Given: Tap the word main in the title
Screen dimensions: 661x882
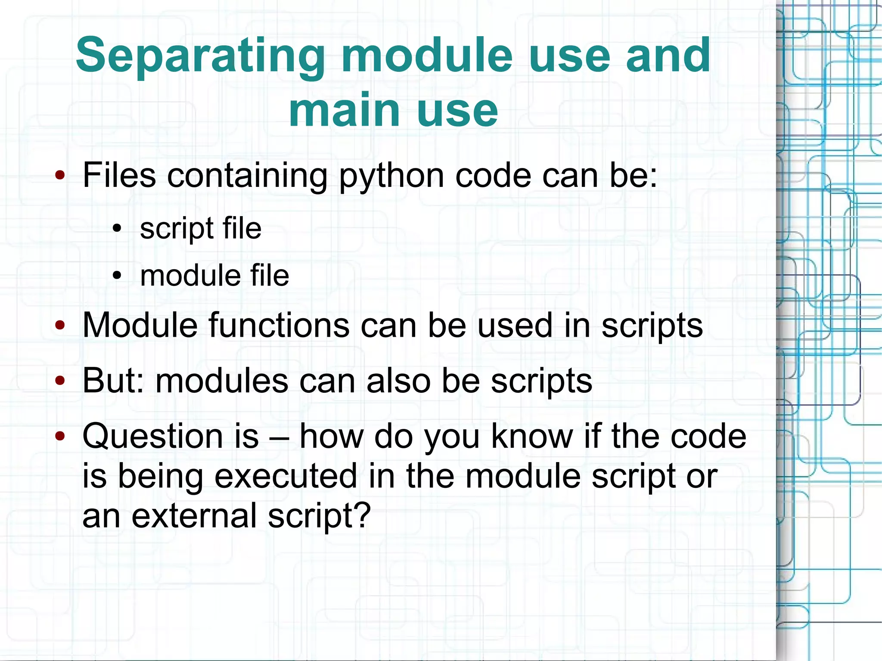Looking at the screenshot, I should point(345,111).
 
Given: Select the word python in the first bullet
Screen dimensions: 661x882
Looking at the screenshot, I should point(391,177).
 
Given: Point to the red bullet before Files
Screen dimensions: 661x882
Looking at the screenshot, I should point(60,175).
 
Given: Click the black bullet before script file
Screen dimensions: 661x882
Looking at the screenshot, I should point(117,229).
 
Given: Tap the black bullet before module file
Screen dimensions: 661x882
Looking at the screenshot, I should point(117,276).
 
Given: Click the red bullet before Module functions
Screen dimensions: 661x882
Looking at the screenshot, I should point(60,326).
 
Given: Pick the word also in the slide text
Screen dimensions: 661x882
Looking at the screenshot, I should point(398,381).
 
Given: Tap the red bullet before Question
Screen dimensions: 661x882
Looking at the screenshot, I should point(60,436).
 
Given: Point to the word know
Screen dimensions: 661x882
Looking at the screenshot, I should point(531,436).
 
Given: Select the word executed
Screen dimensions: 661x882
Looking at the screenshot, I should point(286,476).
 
